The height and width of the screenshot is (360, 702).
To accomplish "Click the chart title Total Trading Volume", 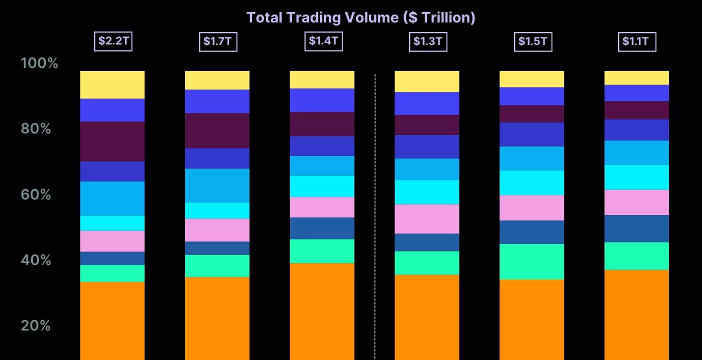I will [x=360, y=17].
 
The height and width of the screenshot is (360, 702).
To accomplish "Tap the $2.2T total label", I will [x=113, y=41].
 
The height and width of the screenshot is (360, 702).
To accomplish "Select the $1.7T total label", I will [x=217, y=41].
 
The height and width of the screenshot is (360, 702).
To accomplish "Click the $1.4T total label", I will [x=322, y=41].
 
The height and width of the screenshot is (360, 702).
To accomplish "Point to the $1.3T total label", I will [x=427, y=41].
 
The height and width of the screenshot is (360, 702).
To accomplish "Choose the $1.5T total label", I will [x=532, y=41].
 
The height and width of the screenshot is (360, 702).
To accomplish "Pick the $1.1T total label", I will [x=636, y=41].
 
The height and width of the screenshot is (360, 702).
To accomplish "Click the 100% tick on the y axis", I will [x=39, y=63].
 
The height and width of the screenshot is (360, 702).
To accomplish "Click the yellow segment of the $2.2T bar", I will [x=112, y=84].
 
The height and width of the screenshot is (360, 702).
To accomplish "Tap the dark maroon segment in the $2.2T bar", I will [x=112, y=141].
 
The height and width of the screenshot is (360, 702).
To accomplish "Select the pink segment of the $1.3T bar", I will [x=427, y=218].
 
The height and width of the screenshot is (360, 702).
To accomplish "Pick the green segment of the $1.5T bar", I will [x=531, y=261].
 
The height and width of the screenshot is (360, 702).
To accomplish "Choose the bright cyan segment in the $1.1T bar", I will [x=636, y=177].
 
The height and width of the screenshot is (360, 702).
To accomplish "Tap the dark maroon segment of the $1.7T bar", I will [x=217, y=130].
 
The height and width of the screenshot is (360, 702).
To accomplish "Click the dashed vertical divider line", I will [x=375, y=215].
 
